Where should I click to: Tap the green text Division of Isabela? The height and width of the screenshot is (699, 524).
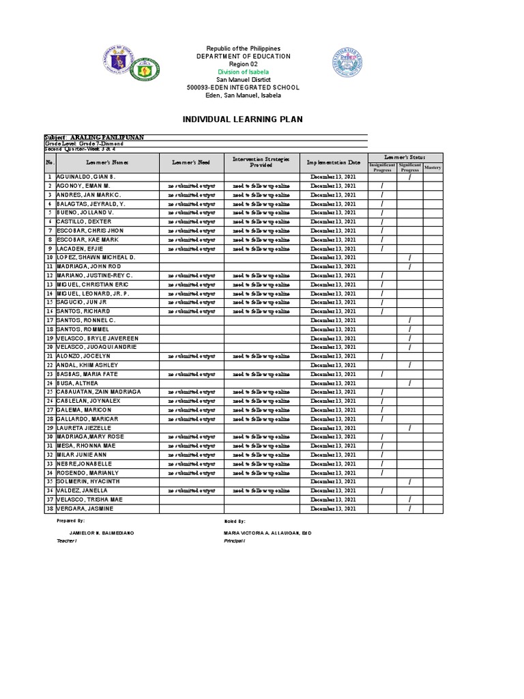(x=243, y=72)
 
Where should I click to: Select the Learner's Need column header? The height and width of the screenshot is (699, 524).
(x=192, y=162)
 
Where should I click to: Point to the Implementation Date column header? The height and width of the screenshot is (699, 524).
(x=333, y=162)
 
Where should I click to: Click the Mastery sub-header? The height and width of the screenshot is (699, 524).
(x=433, y=167)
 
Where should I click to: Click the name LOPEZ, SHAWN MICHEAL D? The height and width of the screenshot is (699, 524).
(x=96, y=257)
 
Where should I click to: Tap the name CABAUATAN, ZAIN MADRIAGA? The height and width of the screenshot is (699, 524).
(x=98, y=392)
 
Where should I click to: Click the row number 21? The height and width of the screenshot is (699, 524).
(x=50, y=356)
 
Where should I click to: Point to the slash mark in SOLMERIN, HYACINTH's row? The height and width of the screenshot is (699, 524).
(x=409, y=482)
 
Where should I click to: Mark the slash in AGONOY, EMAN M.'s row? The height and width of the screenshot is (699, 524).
(x=382, y=186)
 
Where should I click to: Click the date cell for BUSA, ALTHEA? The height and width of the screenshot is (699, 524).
(x=333, y=383)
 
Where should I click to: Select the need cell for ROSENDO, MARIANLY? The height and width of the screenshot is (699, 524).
(x=192, y=473)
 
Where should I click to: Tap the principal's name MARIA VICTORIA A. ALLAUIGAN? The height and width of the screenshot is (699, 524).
(x=267, y=532)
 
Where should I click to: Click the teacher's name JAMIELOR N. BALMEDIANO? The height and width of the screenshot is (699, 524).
(x=102, y=532)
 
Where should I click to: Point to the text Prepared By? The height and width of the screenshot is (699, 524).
(x=72, y=520)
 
